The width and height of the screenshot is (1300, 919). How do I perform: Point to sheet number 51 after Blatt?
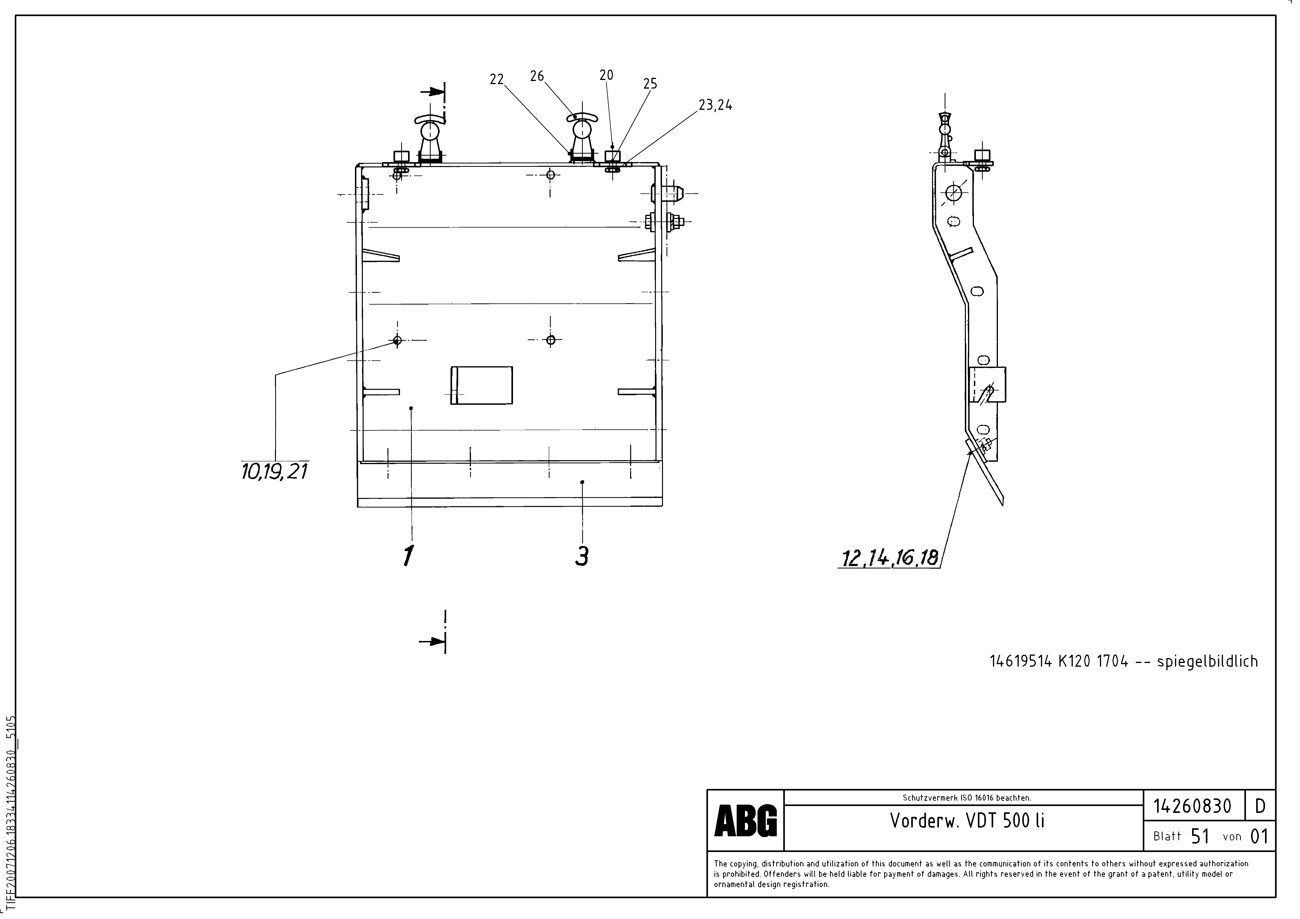(x=1200, y=836)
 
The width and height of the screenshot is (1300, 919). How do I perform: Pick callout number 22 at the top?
(x=496, y=80)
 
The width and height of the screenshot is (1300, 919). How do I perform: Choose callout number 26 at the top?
(x=537, y=76)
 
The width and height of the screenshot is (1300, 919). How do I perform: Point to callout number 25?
(x=650, y=84)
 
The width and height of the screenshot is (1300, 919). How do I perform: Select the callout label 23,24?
(x=715, y=105)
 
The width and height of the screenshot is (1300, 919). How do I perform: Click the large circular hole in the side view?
(x=953, y=193)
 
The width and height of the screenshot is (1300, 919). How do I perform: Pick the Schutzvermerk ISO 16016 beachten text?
(x=966, y=798)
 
